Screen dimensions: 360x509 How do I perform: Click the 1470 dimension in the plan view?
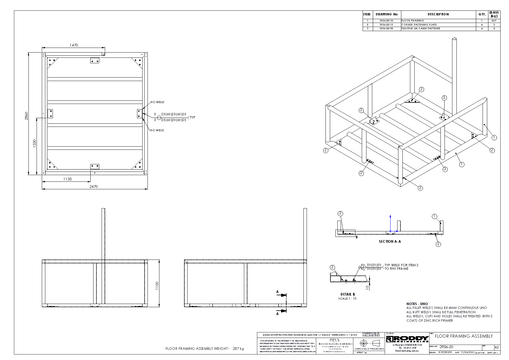coord(74,45)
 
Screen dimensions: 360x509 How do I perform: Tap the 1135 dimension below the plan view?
coord(67,179)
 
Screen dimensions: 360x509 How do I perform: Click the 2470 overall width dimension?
coord(93,187)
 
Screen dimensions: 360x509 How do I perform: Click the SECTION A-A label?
coord(390,242)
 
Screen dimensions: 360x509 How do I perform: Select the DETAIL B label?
coord(348,294)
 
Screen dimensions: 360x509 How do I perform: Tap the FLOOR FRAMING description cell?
coord(413,21)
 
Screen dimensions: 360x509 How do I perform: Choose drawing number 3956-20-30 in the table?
coord(386,28)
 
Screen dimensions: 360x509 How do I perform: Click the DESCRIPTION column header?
coord(438,14)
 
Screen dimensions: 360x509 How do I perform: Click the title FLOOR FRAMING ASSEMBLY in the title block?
coord(464,336)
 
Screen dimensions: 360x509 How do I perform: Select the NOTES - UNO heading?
coord(417,304)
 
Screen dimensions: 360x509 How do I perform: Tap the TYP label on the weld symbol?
coord(192,118)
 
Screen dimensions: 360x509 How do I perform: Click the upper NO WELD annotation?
coord(157,102)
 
